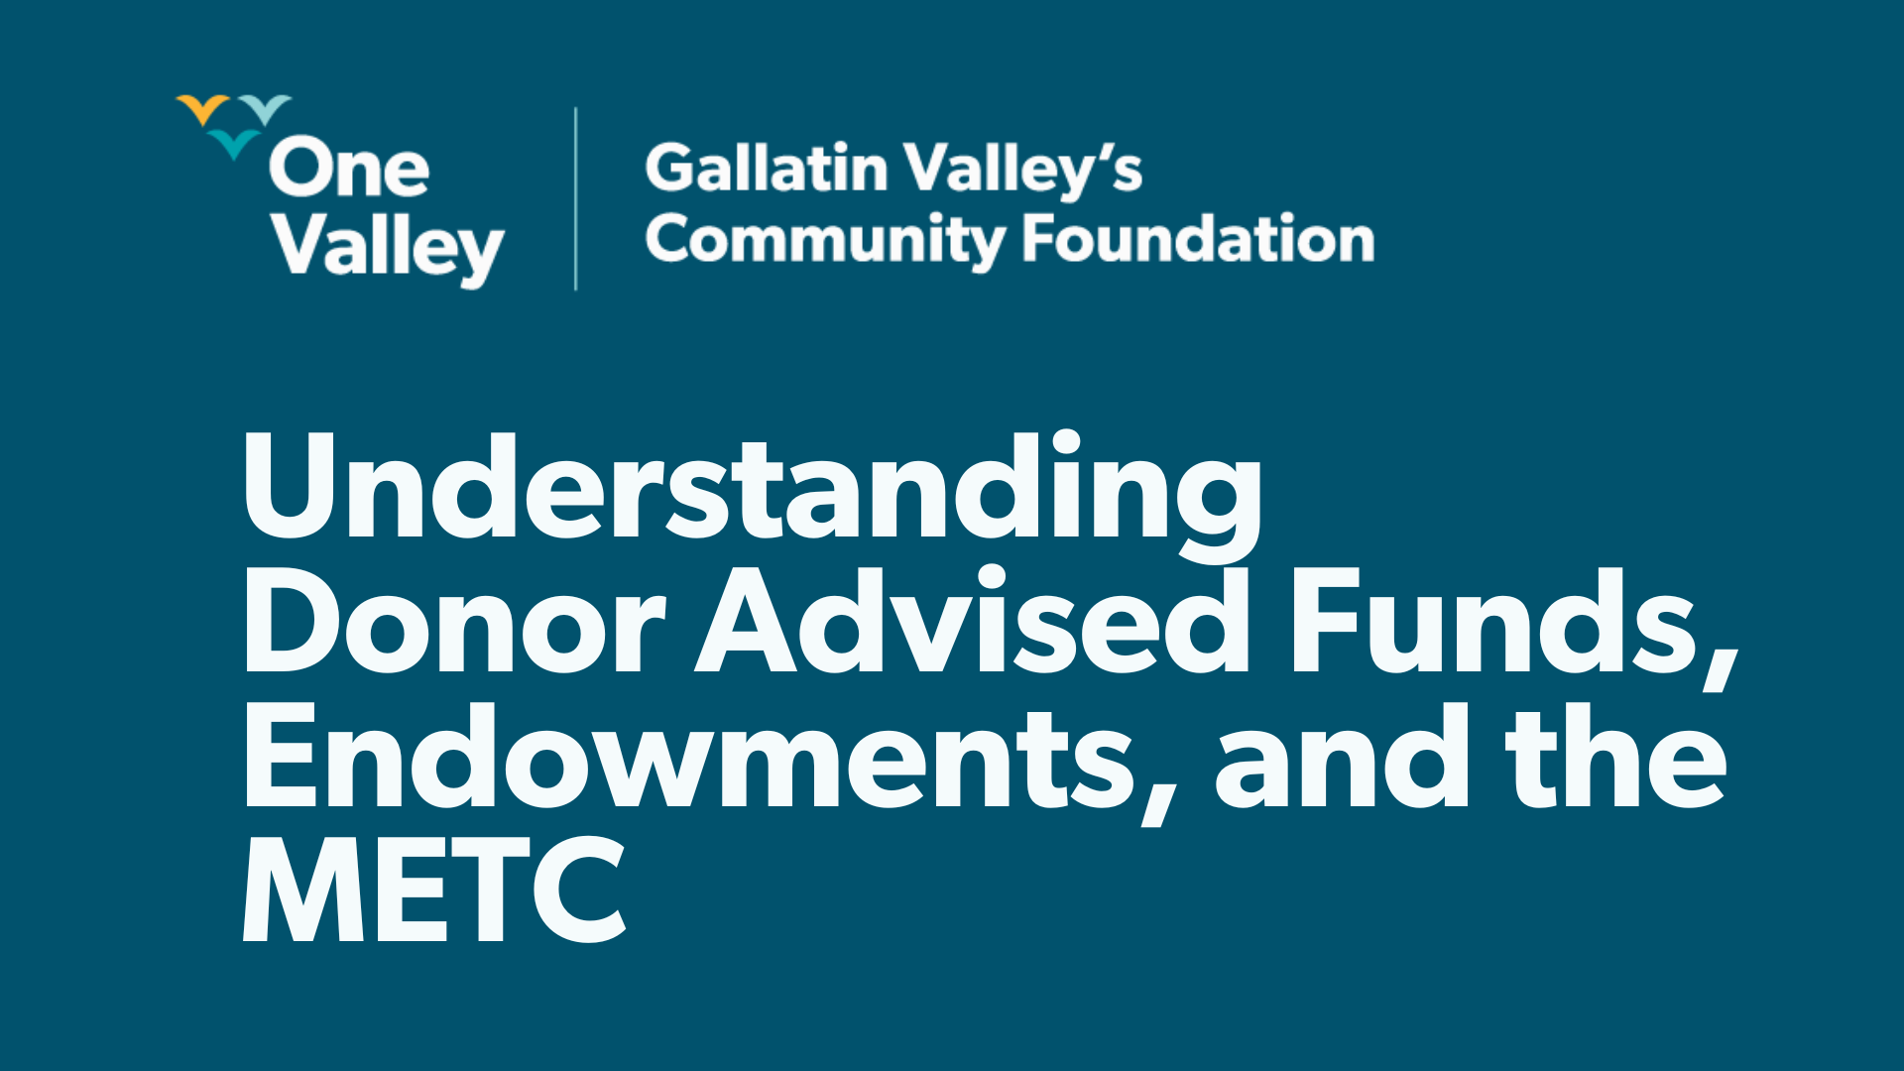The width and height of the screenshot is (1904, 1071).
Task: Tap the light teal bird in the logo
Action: coord(266,108)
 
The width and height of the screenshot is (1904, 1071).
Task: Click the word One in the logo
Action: coord(348,169)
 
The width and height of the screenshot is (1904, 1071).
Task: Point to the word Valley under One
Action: coord(388,248)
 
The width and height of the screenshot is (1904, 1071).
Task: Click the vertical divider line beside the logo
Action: coord(575,198)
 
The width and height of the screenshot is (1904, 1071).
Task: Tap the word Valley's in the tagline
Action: coord(1022,169)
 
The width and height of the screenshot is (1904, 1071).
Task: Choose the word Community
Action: coord(825,241)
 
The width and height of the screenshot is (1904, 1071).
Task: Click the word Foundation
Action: coord(1198,239)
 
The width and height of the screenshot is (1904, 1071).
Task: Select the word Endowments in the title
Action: coord(684,759)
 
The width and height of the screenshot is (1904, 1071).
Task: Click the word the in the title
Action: coord(1616,759)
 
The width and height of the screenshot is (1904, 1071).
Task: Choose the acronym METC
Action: coord(434,891)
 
